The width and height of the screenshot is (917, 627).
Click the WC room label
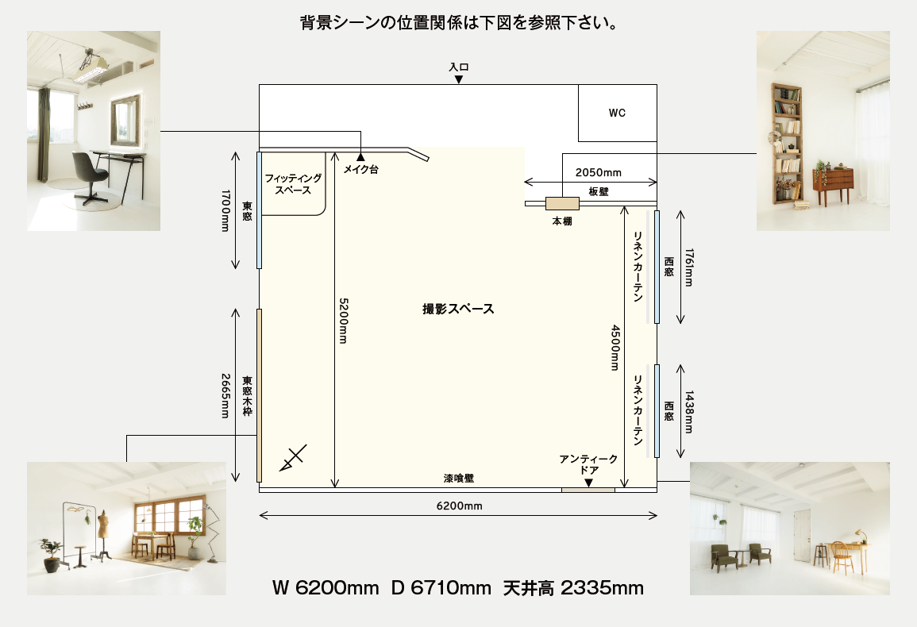click(617, 113)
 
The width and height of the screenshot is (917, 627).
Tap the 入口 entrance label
click(459, 67)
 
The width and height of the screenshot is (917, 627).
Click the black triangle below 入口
click(459, 79)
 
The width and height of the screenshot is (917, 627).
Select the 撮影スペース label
click(459, 309)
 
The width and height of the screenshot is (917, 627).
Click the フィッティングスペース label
click(293, 184)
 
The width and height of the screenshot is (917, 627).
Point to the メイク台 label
click(360, 170)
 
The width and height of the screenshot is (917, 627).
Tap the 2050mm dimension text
click(599, 172)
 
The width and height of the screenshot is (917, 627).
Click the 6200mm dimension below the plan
click(459, 506)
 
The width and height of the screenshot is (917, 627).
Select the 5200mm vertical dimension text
click(344, 321)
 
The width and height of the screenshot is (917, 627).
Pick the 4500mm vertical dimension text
click(615, 348)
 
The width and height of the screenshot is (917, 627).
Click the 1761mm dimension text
click(689, 267)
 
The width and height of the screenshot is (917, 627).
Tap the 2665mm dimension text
click(225, 396)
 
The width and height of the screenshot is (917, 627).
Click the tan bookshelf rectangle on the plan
click(563, 203)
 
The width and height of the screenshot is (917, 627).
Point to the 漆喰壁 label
click(459, 479)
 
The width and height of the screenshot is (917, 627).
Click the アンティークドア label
click(588, 464)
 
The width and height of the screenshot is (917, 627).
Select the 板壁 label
click(599, 191)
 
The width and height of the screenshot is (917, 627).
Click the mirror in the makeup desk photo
click(125, 121)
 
